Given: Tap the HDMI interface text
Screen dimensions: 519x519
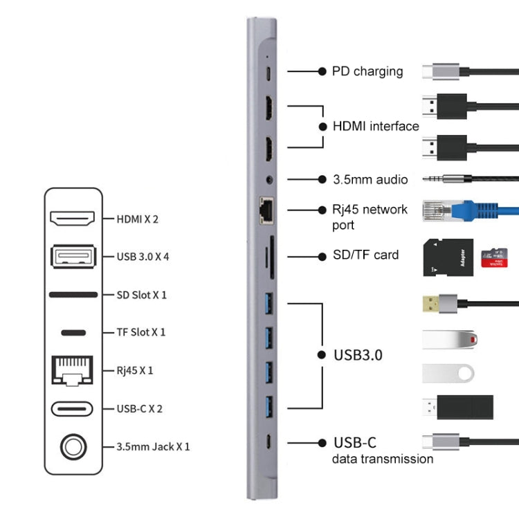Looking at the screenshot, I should click(376, 126).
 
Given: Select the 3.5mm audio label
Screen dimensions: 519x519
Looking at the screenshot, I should click(370, 179).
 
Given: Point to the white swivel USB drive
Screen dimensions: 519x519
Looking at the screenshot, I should click(448, 372).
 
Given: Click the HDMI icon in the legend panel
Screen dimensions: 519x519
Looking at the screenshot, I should click(72, 219).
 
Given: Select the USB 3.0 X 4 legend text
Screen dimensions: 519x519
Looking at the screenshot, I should click(143, 257).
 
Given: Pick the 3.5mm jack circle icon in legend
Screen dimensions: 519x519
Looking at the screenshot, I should click(72, 446).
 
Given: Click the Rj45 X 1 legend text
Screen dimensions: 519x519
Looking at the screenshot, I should click(135, 370).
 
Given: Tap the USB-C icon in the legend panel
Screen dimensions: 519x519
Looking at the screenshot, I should click(72, 408).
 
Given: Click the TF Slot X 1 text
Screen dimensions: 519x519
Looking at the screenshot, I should click(141, 332).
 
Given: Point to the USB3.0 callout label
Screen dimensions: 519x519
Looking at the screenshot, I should click(358, 355).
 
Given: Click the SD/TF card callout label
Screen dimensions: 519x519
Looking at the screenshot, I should click(365, 255).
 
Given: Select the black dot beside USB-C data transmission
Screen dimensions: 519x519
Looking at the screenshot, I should click(321, 442).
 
